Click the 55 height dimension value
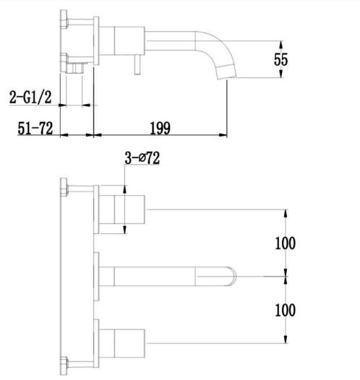[x=280, y=59]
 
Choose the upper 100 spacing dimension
[x=285, y=243]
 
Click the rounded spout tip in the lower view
[x=233, y=275]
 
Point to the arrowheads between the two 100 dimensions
[x=286, y=275]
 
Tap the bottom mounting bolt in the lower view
[x=64, y=361]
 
